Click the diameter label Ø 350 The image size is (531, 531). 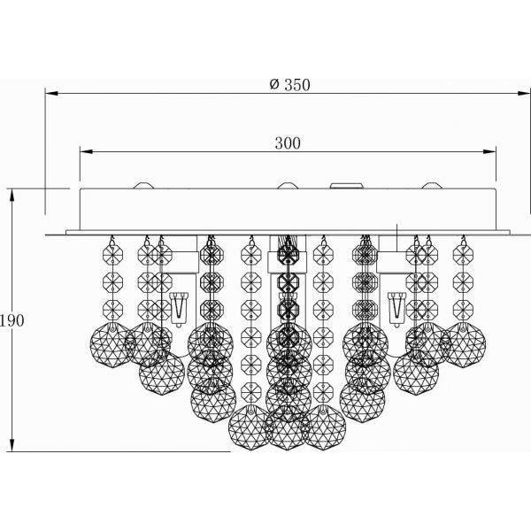[289, 84]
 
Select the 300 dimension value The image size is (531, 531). [287, 142]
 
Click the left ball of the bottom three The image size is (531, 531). [250, 428]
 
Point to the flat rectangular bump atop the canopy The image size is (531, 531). [346, 186]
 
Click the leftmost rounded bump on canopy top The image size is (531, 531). [144, 186]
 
